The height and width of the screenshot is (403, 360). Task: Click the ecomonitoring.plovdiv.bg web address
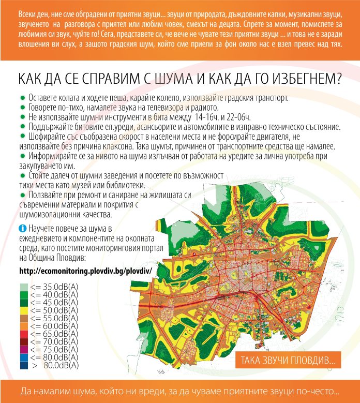pos(87,271)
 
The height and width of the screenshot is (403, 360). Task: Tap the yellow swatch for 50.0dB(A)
pos(24,310)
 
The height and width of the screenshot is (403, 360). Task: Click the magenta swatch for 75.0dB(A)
pos(24,350)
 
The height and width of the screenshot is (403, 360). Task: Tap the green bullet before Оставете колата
pos(22,98)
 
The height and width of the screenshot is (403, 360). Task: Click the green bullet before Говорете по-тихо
pos(22,108)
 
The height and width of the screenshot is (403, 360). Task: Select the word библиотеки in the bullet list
pos(125,186)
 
